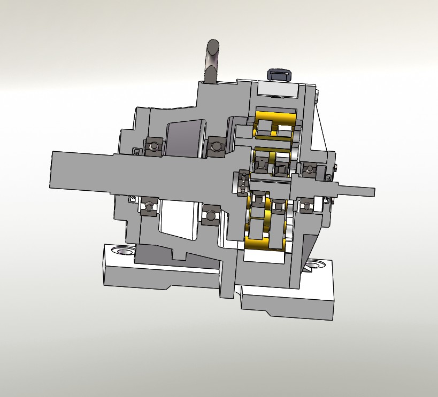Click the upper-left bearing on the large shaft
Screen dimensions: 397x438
153,145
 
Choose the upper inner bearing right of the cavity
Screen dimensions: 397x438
216,146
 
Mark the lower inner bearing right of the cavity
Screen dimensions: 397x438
212,215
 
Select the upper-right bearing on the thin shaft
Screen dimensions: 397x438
310,170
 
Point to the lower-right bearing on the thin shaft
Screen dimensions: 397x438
307,204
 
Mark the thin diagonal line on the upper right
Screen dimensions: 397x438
322,126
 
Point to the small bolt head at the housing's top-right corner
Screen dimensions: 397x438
318,96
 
